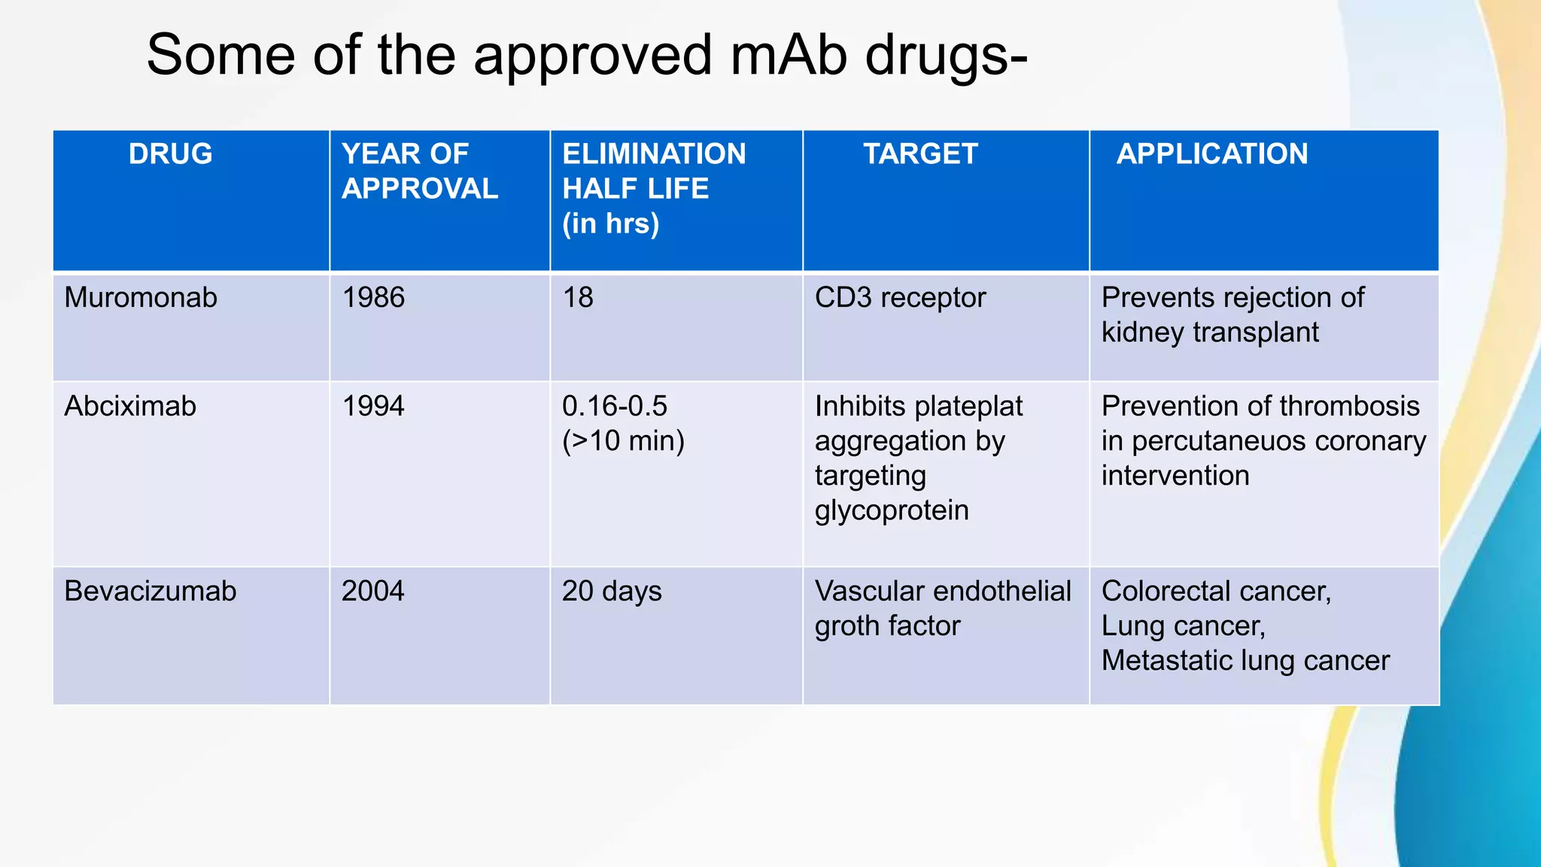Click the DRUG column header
pyautogui.click(x=170, y=154)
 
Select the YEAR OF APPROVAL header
pyautogui.click(x=419, y=172)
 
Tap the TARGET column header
pyautogui.click(x=919, y=154)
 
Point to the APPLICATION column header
pyautogui.click(x=1211, y=154)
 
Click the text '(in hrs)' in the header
pyautogui.click(x=610, y=224)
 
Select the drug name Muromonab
pyautogui.click(x=141, y=298)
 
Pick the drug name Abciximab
pyautogui.click(x=130, y=406)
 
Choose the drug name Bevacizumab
pyautogui.click(x=150, y=592)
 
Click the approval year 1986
pyautogui.click(x=373, y=298)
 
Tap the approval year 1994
pyautogui.click(x=373, y=406)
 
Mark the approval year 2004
pyautogui.click(x=373, y=592)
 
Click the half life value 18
pyautogui.click(x=578, y=298)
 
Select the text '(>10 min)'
pyautogui.click(x=623, y=441)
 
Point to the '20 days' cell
pyautogui.click(x=612, y=592)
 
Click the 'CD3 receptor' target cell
pyautogui.click(x=900, y=298)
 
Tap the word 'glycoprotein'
pyautogui.click(x=892, y=511)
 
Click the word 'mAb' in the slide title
pyautogui.click(x=789, y=55)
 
